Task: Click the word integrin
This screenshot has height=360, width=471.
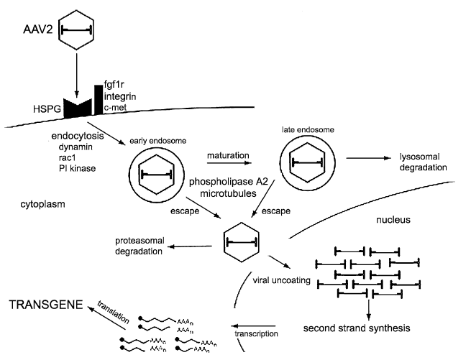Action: (x=122, y=96)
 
